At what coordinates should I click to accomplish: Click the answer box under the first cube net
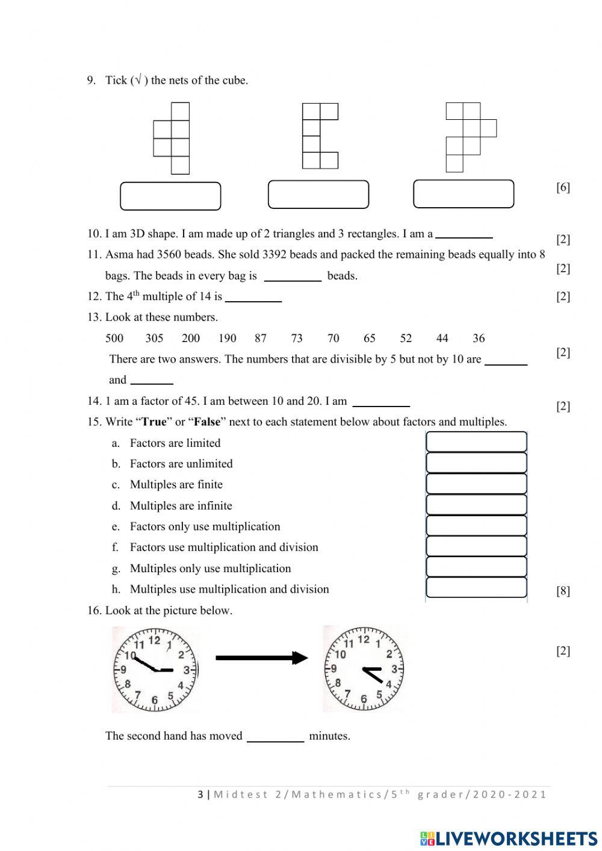coord(170,196)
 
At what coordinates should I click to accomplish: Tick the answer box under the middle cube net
coord(318,195)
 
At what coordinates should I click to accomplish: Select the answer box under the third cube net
coord(464,194)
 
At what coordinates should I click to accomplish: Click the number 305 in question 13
coord(154,338)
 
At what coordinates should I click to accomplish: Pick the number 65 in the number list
coord(370,338)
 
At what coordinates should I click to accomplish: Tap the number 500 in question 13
coord(114,338)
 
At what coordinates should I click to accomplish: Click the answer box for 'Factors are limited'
coord(476,442)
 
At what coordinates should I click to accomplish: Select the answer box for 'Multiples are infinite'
coord(476,505)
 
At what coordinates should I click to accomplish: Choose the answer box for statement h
coord(476,588)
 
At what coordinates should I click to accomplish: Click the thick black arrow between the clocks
coord(261,658)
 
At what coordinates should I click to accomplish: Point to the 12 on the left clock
coord(154,640)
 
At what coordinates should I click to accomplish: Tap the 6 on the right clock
coord(363,699)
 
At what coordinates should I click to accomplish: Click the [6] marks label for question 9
coord(563,187)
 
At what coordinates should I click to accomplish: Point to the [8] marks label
coord(563,591)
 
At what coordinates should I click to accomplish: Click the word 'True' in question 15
coord(154,422)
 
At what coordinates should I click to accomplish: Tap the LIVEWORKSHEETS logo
coord(509,838)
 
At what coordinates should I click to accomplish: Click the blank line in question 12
coord(253,298)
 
